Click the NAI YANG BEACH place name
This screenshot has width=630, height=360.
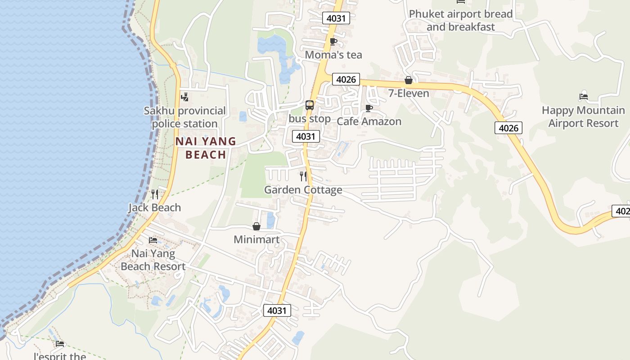(x=206, y=148)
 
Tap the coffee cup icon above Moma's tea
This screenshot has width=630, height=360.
(x=333, y=42)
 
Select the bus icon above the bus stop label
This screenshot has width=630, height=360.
(x=310, y=105)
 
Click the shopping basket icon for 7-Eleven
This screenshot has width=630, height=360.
(x=409, y=81)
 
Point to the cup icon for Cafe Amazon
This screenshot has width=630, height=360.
(x=369, y=108)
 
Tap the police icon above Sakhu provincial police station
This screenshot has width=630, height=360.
(x=184, y=97)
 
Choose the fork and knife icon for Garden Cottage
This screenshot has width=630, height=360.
(x=303, y=176)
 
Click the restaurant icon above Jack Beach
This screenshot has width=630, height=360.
(x=155, y=194)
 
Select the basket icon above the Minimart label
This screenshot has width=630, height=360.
(x=256, y=226)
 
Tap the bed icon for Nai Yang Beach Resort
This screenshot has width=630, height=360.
(x=153, y=240)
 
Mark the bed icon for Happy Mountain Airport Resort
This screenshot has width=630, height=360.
(x=584, y=96)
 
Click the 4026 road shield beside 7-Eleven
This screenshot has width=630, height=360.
(x=346, y=80)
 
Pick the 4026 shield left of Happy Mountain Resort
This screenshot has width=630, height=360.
(x=508, y=128)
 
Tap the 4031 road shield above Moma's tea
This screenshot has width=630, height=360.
(x=336, y=18)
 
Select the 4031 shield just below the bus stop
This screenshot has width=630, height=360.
(x=306, y=136)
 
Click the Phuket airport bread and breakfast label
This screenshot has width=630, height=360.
(x=461, y=20)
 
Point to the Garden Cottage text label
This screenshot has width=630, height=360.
(x=303, y=190)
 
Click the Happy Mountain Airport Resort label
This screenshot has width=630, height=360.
(x=583, y=117)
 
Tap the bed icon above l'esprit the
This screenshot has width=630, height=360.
(x=60, y=344)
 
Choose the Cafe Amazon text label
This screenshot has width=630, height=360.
(x=369, y=121)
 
